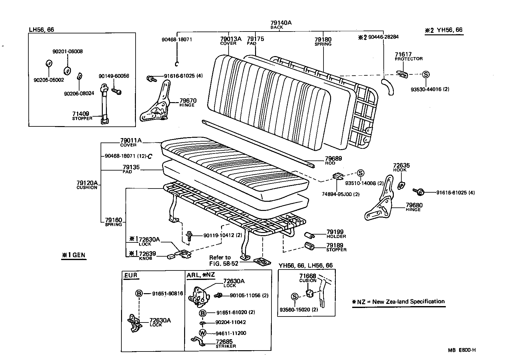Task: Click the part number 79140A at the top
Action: [x=281, y=23]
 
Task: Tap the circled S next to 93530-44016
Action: [x=426, y=74]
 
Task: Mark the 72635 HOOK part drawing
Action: [x=401, y=185]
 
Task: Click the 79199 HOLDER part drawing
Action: [x=309, y=235]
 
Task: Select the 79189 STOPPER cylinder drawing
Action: [x=309, y=246]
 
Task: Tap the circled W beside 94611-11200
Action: [x=202, y=333]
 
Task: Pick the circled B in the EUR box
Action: [x=139, y=293]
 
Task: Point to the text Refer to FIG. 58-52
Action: [x=223, y=260]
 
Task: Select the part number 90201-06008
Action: [x=67, y=51]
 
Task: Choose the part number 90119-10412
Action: [x=218, y=235]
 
